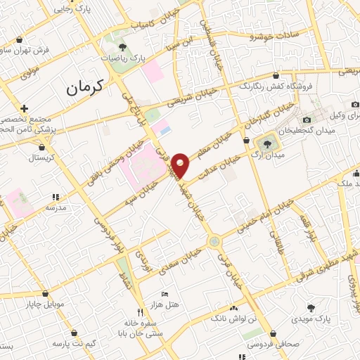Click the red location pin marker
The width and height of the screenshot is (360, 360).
pyautogui.click(x=181, y=165)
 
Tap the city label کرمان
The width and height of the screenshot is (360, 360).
pyautogui.click(x=85, y=88)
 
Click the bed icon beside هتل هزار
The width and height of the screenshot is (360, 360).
pyautogui.click(x=165, y=292)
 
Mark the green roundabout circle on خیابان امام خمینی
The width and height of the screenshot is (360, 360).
pyautogui.click(x=213, y=241)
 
